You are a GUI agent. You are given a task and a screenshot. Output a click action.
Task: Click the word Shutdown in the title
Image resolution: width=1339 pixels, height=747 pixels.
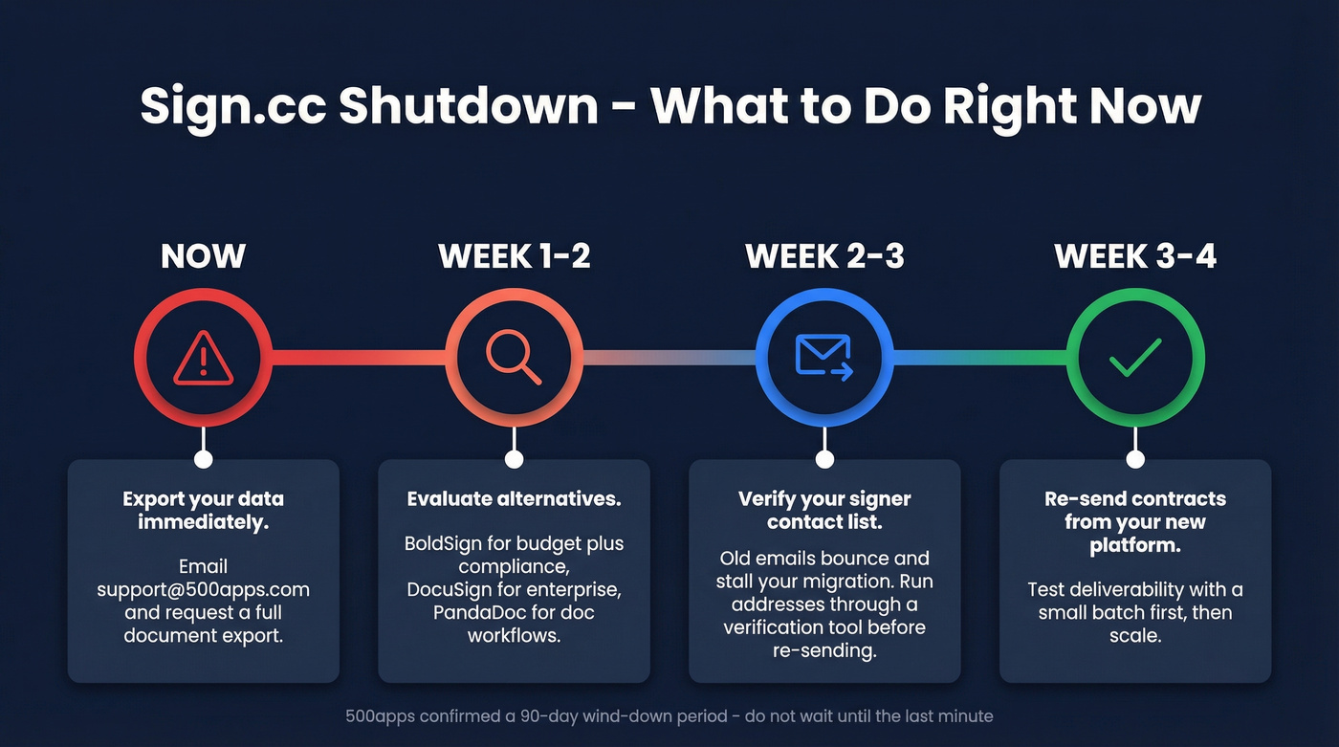468,105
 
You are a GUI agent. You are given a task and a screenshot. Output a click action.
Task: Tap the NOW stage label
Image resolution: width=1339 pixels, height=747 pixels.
203,256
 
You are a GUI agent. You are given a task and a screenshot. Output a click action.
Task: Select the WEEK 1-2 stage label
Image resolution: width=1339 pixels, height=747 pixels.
514,256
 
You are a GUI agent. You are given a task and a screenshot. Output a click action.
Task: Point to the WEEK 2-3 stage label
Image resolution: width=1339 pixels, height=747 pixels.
824,256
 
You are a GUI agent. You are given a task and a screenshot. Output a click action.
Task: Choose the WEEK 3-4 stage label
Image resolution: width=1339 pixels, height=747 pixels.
1135,256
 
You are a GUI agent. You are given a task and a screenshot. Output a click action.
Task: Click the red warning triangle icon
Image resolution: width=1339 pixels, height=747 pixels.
203,358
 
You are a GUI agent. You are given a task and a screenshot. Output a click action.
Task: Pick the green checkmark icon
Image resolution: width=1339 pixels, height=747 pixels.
1135,358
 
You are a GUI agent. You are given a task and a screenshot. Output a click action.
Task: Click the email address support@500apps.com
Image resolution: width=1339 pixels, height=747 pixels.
203,589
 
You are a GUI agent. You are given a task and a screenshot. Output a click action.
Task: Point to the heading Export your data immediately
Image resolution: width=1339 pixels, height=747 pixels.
203,510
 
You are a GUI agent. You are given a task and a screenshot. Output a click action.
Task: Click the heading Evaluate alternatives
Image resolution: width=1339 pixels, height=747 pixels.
514,499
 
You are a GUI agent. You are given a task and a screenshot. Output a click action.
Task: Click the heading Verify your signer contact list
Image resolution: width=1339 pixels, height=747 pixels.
824,510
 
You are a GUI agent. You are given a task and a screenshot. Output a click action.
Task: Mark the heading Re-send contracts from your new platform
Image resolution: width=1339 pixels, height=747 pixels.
1135,522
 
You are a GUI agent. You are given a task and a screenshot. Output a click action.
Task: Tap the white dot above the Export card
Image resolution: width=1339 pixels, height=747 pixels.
203,459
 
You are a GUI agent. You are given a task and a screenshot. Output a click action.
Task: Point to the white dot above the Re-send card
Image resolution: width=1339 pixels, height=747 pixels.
1135,459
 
